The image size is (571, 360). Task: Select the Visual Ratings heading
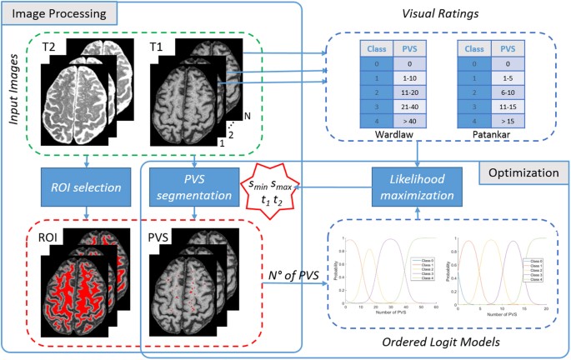point(446,13)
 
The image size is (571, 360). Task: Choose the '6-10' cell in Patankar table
point(508,92)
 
